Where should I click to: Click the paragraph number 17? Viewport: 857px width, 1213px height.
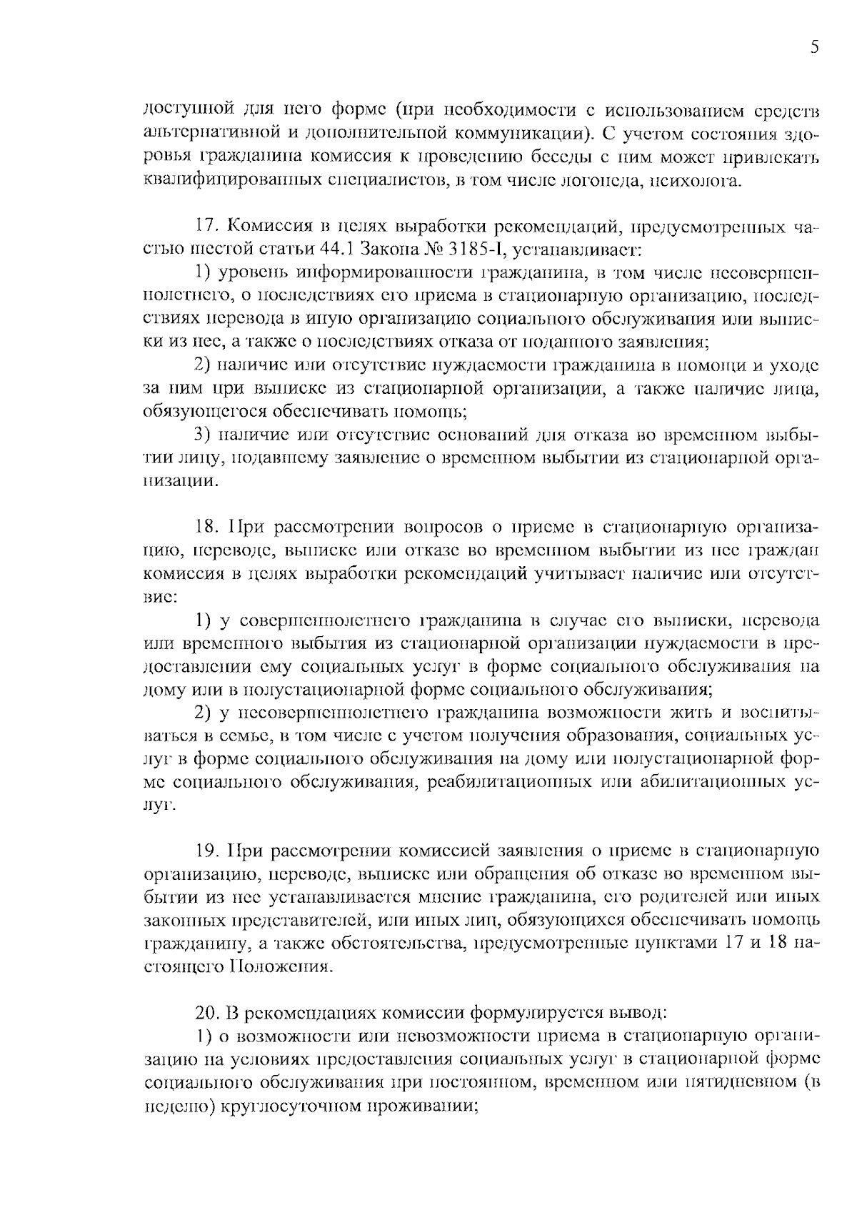tap(207, 227)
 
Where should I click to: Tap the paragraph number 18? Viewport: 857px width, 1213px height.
tap(207, 528)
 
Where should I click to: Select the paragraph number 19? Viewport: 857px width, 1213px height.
tap(208, 851)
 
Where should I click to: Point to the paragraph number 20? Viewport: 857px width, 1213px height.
tap(208, 1014)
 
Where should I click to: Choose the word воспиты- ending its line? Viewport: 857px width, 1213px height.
tap(779, 713)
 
